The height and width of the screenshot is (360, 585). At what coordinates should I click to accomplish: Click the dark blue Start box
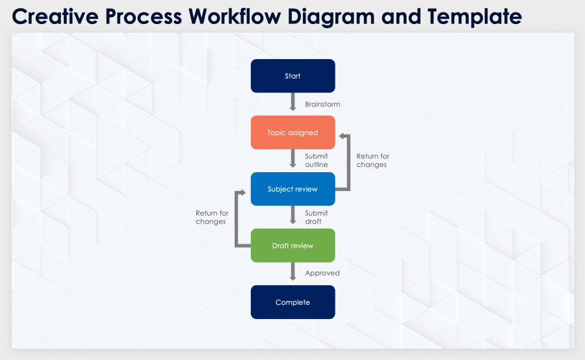(292, 76)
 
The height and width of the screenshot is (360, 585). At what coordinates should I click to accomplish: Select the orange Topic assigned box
(292, 133)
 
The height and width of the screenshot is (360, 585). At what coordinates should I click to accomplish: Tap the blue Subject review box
(292, 189)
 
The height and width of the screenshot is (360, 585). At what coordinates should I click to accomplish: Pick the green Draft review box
(292, 246)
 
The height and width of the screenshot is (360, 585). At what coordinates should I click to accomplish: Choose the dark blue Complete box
(292, 302)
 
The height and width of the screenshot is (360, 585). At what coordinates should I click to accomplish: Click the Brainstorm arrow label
(322, 104)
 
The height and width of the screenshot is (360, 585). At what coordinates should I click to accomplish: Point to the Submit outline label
(317, 161)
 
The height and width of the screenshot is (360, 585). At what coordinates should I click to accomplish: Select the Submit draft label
(317, 217)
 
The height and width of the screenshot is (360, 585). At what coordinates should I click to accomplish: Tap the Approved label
(322, 273)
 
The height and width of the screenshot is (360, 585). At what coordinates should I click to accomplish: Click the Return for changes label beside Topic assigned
(373, 161)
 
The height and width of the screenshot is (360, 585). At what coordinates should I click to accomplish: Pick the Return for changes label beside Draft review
(212, 217)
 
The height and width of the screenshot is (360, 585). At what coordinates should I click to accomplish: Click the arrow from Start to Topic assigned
(292, 103)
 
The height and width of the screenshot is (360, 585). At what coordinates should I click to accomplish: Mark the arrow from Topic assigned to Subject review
(292, 160)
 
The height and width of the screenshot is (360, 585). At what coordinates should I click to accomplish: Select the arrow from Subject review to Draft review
(292, 216)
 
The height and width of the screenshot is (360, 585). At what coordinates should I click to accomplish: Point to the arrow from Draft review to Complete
(292, 273)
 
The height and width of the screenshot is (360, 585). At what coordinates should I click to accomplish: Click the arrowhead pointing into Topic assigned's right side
(341, 136)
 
